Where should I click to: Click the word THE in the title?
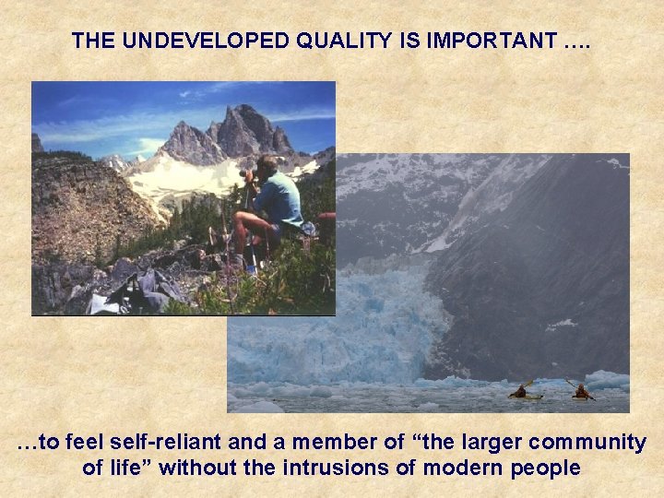click(x=92, y=41)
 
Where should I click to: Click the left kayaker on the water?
click(x=521, y=392)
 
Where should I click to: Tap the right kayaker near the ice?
click(x=581, y=391)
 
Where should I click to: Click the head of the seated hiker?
click(x=266, y=167)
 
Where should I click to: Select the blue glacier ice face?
click(x=369, y=314)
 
